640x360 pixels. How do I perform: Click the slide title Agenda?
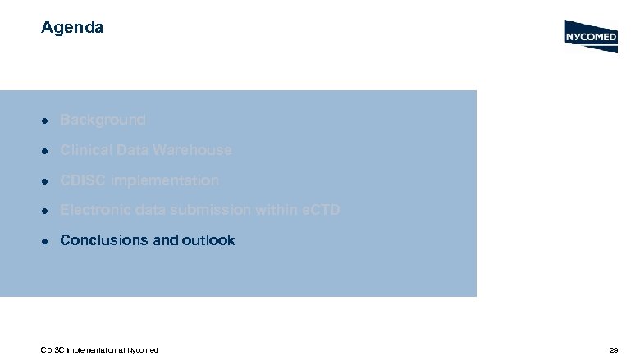point(72,28)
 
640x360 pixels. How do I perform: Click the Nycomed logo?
point(591,36)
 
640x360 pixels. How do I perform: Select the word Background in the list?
point(103,120)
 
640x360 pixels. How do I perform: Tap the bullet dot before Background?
point(47,121)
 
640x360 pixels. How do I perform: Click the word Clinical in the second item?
point(85,150)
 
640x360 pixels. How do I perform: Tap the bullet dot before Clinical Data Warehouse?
point(47,151)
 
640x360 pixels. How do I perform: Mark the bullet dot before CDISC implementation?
point(47,181)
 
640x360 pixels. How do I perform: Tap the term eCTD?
point(320,211)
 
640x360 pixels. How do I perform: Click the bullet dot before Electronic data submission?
point(47,212)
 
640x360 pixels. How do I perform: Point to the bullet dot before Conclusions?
point(47,241)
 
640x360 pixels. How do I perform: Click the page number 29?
point(613,350)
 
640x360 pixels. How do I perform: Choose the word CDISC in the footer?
point(52,350)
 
